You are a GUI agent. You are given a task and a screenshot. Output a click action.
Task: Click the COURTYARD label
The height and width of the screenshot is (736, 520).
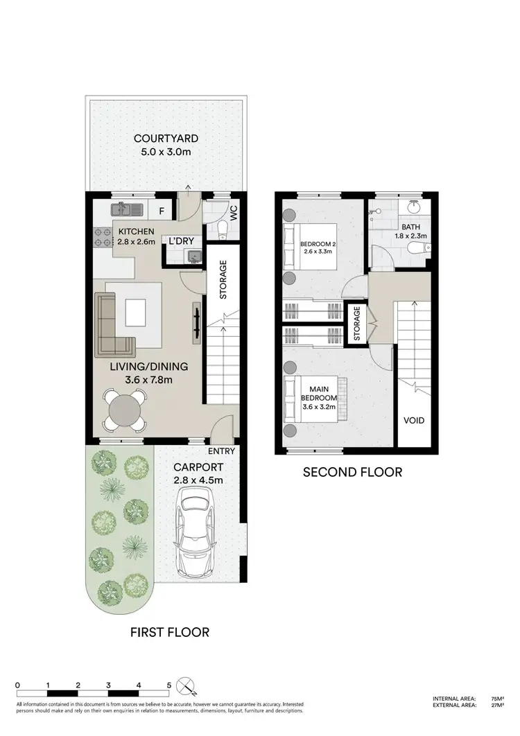162,138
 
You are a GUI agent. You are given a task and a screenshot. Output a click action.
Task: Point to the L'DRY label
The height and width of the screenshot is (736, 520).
181,241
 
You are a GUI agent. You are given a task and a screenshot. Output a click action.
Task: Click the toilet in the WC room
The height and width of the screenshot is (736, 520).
223,228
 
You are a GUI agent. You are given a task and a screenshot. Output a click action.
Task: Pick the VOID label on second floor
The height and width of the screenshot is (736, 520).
415,421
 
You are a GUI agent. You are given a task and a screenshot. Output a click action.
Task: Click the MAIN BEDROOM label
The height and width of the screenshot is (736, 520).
318,392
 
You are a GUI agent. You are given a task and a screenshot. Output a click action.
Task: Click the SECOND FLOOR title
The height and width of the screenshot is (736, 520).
352,472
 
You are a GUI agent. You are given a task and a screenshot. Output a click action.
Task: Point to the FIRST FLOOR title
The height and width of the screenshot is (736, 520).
169,632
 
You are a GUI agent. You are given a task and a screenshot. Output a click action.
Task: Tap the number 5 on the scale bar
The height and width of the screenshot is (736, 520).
169,685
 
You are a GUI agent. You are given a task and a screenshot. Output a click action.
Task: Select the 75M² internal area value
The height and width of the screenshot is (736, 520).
496,699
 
